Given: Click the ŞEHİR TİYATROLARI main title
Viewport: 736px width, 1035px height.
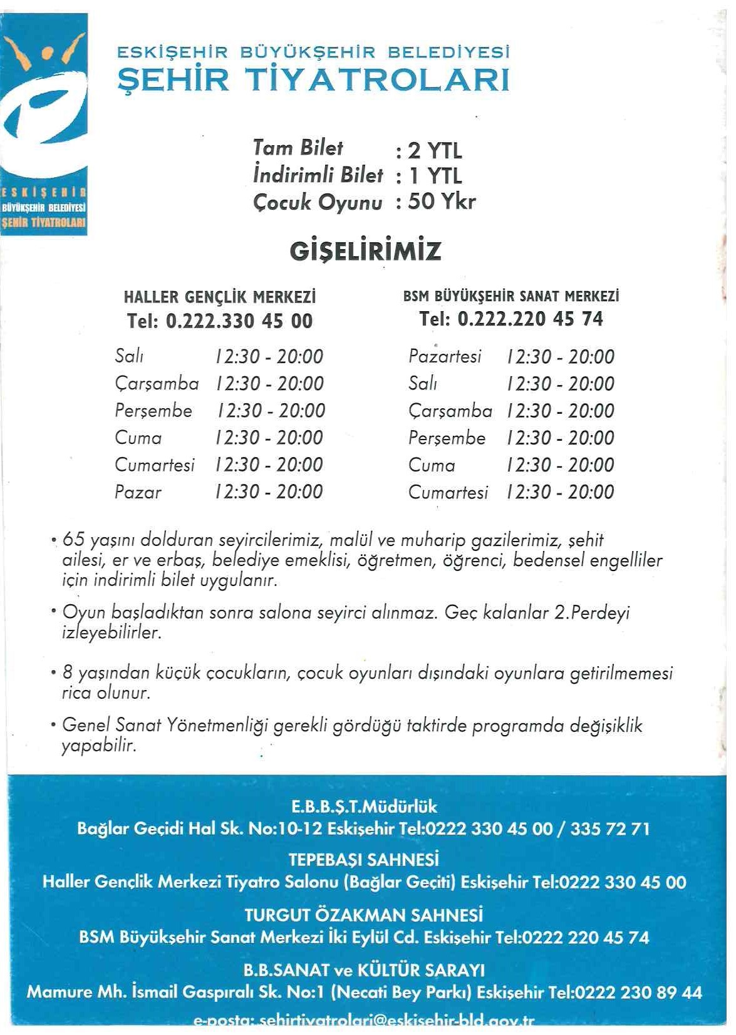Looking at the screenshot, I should [x=314, y=80].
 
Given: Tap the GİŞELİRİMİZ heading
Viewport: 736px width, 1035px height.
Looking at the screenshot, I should [x=365, y=252].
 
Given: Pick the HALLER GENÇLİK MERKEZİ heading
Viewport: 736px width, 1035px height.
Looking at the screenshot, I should [x=219, y=296].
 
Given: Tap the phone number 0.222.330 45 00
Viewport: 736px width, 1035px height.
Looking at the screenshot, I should [x=239, y=321].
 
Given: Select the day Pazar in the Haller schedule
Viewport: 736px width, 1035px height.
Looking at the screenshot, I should [x=138, y=492].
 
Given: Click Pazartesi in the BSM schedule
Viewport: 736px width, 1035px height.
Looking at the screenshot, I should [x=445, y=356].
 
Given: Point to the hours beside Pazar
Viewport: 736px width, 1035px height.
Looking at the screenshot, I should [x=269, y=492].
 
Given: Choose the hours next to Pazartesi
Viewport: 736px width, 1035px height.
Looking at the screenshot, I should [x=561, y=357].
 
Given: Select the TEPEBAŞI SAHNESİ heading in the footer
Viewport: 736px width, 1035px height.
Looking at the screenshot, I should [x=364, y=859].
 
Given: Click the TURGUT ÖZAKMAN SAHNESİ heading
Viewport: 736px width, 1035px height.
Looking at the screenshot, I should [x=364, y=915].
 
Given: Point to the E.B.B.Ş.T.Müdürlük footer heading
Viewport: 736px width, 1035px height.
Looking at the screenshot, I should [x=364, y=806].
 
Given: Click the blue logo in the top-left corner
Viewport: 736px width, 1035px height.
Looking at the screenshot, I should [x=44, y=124].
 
